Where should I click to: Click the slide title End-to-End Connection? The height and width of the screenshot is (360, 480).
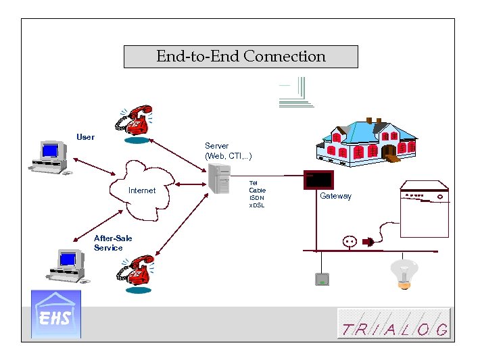(x=241, y=57)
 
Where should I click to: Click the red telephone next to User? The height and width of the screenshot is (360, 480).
(x=136, y=122)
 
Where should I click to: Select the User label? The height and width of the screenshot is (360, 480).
(x=86, y=137)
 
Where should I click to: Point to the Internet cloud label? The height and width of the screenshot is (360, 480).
(x=142, y=190)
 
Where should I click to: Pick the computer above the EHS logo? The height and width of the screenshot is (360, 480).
(x=67, y=265)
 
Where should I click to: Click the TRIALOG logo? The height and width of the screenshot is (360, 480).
(x=394, y=324)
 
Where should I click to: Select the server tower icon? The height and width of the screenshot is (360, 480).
(x=220, y=178)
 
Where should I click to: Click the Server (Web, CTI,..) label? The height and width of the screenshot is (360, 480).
(x=229, y=151)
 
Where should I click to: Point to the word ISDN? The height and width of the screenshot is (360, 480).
(x=257, y=198)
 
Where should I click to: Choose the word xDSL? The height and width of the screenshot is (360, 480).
(x=257, y=205)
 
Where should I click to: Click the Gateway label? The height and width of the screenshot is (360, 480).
(x=336, y=196)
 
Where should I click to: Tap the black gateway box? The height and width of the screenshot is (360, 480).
(x=318, y=180)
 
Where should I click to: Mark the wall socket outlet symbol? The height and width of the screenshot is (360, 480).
(x=350, y=240)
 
